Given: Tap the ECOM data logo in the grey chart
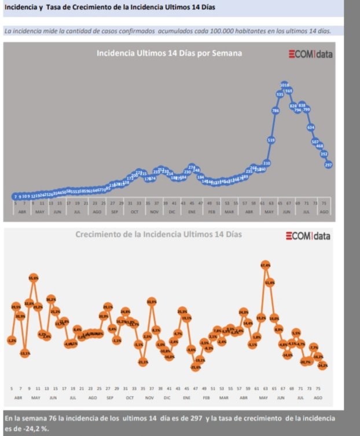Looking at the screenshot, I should (311, 54).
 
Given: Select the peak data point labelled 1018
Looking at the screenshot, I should (284, 85).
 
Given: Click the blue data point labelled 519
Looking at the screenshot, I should (271, 140).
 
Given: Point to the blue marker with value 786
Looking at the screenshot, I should (275, 111).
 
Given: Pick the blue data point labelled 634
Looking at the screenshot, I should (311, 127).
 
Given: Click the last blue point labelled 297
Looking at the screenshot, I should (328, 165).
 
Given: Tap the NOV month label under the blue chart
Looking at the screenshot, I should (154, 212).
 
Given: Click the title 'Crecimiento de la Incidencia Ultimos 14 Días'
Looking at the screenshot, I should (159, 235).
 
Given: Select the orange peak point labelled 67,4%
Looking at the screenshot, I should (265, 265).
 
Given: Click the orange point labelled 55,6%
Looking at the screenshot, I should (34, 278).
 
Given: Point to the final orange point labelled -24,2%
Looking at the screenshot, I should (322, 365).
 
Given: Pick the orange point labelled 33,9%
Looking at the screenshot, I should (152, 301).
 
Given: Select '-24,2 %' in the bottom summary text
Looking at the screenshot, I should (28, 428).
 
